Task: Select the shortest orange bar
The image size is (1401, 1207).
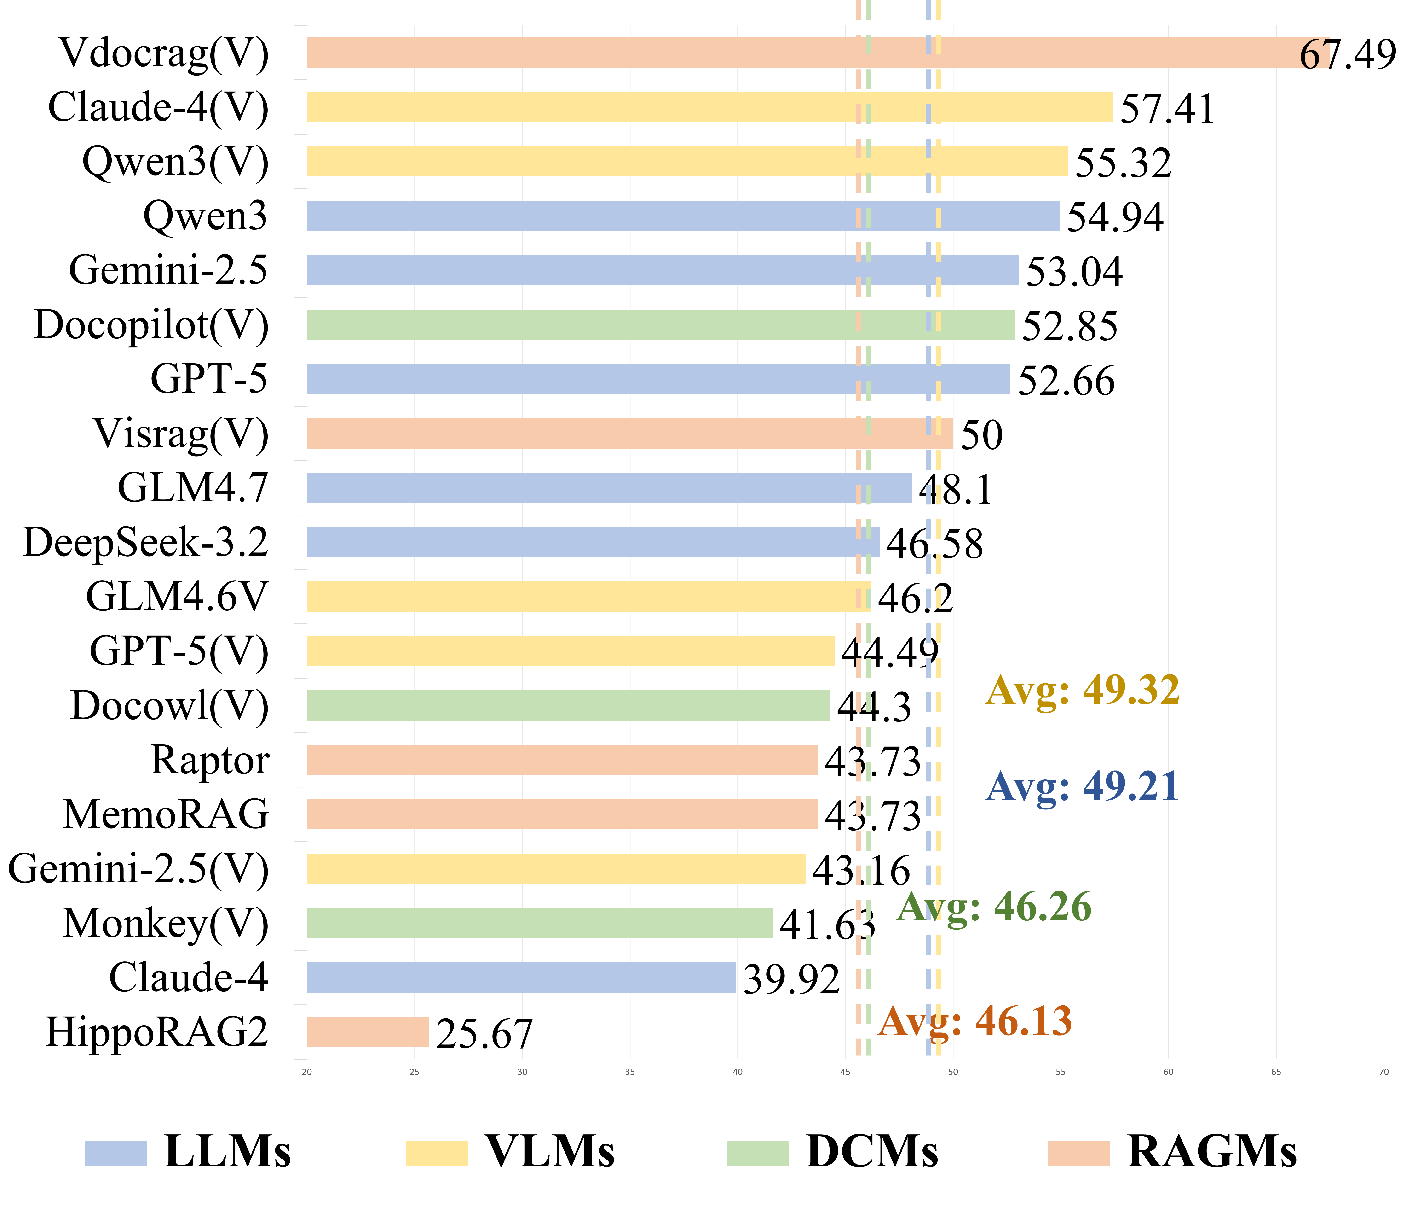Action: [x=368, y=1032]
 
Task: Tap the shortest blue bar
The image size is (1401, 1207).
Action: [x=521, y=978]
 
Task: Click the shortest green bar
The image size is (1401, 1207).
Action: [x=540, y=923]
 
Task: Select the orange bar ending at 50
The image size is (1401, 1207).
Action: [x=629, y=433]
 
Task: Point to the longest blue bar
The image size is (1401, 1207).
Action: [x=683, y=216]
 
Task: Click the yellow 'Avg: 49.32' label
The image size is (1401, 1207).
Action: [x=1083, y=690]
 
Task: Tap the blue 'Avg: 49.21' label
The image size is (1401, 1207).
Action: [x=1083, y=786]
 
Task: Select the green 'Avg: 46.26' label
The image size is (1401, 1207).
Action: [x=994, y=907]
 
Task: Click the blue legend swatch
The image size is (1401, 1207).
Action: [x=116, y=1154]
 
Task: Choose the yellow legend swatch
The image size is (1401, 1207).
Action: [x=437, y=1154]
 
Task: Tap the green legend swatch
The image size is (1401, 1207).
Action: [x=758, y=1154]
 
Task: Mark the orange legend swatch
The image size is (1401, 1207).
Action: [x=1079, y=1154]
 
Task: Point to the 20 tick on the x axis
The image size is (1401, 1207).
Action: [x=307, y=1072]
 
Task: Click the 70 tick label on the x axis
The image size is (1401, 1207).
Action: [x=1384, y=1072]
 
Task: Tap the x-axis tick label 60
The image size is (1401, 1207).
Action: [x=1168, y=1072]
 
